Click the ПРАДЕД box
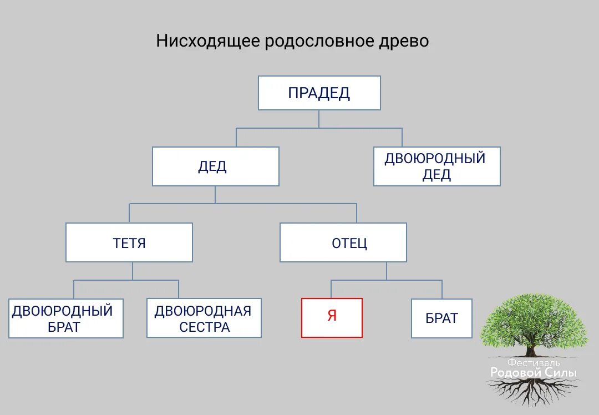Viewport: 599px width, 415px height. tap(319, 93)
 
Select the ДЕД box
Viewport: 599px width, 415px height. tap(215, 166)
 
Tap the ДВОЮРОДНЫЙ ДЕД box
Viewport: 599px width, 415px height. tap(436, 166)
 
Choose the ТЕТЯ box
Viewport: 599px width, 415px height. tap(129, 242)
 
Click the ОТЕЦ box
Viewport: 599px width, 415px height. tap(343, 242)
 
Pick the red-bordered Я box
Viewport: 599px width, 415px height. tap(332, 317)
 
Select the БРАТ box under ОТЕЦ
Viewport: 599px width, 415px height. tap(441, 318)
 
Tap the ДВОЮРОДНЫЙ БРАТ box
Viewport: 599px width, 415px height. tap(65, 318)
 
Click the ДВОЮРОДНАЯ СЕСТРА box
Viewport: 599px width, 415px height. tap(204, 318)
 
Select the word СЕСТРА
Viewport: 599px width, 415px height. tap(204, 327)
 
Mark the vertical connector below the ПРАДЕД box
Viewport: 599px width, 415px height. tap(319, 119)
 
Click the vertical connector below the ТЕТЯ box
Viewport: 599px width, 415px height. tap(133, 271)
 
